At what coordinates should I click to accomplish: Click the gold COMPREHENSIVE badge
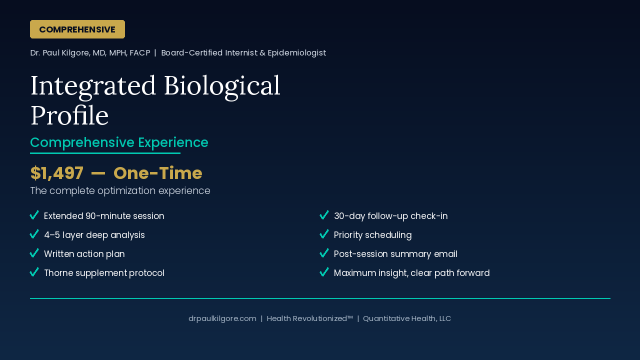click(77, 29)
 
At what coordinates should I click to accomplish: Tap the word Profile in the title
click(69, 115)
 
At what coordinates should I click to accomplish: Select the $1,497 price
click(57, 173)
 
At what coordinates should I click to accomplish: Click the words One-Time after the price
click(157, 173)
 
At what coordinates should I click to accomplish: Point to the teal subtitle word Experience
click(173, 143)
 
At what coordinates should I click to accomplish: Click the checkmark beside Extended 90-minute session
click(34, 215)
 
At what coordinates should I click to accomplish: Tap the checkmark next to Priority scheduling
click(324, 234)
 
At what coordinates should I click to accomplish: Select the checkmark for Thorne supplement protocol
click(34, 272)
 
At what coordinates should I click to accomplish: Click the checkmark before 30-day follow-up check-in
click(324, 215)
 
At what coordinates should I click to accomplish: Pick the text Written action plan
click(84, 254)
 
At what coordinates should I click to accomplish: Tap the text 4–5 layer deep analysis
click(94, 235)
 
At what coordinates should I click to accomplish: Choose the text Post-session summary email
click(395, 254)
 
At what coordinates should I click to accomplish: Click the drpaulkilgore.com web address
click(222, 318)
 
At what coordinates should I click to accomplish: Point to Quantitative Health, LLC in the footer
click(407, 318)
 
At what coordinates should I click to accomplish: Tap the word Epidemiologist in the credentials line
click(297, 53)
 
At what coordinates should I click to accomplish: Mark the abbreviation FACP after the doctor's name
click(139, 53)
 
